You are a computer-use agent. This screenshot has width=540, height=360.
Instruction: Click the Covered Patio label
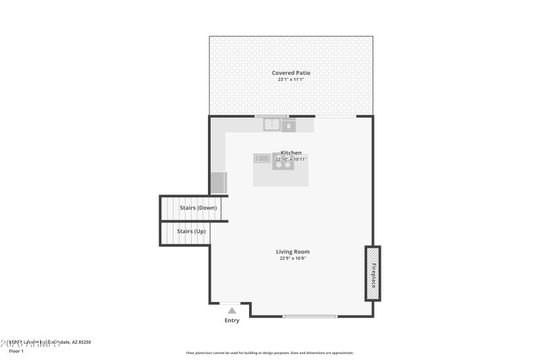click(291, 73)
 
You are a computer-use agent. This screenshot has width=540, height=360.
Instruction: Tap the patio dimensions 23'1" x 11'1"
click(291, 80)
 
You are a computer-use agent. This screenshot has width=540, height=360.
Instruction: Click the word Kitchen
click(291, 153)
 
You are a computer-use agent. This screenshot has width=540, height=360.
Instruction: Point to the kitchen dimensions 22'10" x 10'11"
click(291, 159)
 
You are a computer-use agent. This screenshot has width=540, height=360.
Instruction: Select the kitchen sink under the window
click(272, 124)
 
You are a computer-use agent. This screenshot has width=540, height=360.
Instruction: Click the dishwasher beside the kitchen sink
click(288, 125)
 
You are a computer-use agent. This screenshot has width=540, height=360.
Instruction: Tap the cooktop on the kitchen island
click(283, 161)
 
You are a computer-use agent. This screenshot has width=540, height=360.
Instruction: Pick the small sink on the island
click(262, 159)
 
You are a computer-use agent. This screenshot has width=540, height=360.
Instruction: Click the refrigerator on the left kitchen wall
click(219, 182)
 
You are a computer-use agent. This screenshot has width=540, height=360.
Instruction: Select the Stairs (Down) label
click(198, 208)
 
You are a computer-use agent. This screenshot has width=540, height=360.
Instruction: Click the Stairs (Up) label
click(191, 232)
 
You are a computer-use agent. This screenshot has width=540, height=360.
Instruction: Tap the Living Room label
click(293, 252)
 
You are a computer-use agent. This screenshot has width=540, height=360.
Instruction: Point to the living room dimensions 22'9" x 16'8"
click(293, 258)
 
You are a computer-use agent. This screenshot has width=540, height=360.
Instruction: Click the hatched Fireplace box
click(373, 274)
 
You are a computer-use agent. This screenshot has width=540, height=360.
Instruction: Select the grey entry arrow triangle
click(232, 311)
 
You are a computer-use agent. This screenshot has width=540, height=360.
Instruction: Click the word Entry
click(232, 320)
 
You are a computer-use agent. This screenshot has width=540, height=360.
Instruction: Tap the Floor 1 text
click(16, 351)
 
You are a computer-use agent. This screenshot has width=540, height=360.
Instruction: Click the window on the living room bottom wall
click(310, 316)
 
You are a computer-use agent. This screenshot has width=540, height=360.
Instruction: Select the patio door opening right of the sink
click(335, 117)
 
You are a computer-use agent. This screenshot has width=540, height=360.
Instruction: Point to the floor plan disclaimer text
click(269, 353)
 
